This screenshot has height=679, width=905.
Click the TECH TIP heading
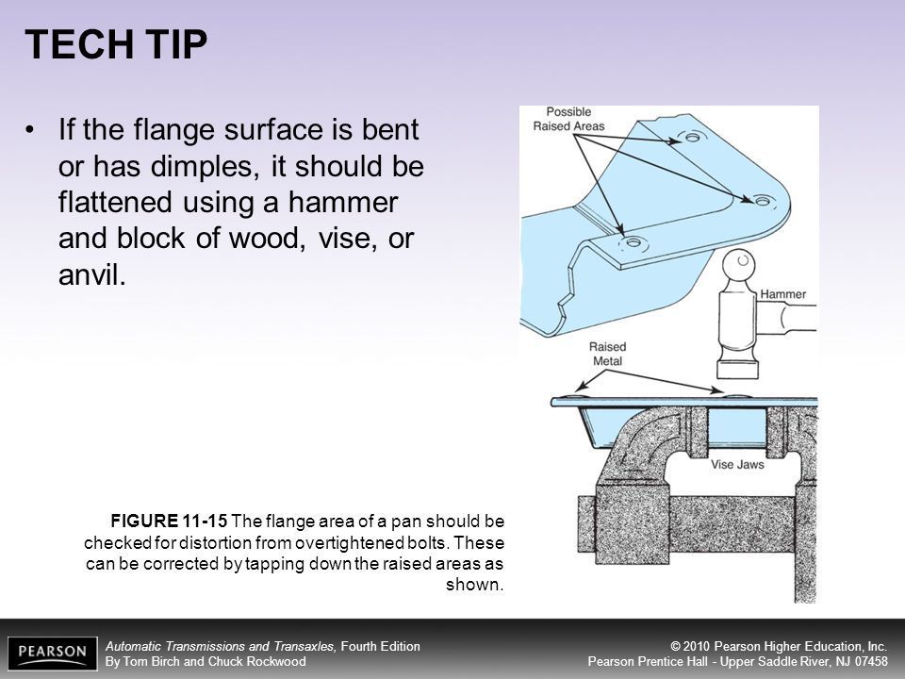point(116,44)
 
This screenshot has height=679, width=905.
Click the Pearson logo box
point(53,653)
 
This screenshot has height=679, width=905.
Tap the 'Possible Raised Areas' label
point(568,119)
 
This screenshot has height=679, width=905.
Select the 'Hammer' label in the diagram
point(782,294)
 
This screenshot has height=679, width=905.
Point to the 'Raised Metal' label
point(607,354)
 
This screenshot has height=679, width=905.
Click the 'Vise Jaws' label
point(737,464)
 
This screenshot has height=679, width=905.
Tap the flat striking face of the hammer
point(737,370)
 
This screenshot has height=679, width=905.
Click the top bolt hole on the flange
point(692,138)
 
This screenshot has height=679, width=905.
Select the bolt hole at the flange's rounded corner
point(763,201)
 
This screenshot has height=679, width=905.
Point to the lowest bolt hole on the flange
point(633,242)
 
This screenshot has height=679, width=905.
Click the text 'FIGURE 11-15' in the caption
point(169,521)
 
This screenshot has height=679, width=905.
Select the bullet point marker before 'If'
point(30,129)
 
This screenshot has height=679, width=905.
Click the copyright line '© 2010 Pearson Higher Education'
point(779,646)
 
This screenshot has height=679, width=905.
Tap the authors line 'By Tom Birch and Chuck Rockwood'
point(206,661)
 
